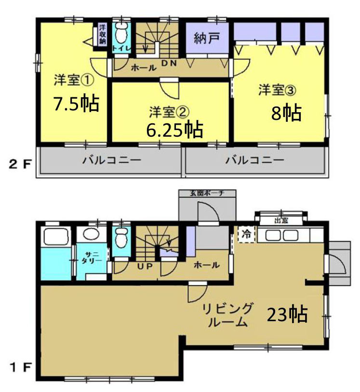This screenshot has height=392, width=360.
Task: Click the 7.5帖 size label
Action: [76, 103]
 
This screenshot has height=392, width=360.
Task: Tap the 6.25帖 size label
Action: [174, 129]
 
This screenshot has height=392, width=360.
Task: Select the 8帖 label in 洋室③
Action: [286, 113]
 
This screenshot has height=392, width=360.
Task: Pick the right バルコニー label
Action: [255, 159]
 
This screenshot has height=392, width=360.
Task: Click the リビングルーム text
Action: [227, 315]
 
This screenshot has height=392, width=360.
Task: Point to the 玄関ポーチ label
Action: [207, 193]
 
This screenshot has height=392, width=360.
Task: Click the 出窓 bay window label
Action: [281, 222]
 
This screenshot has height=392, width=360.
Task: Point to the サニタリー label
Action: [93, 257]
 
